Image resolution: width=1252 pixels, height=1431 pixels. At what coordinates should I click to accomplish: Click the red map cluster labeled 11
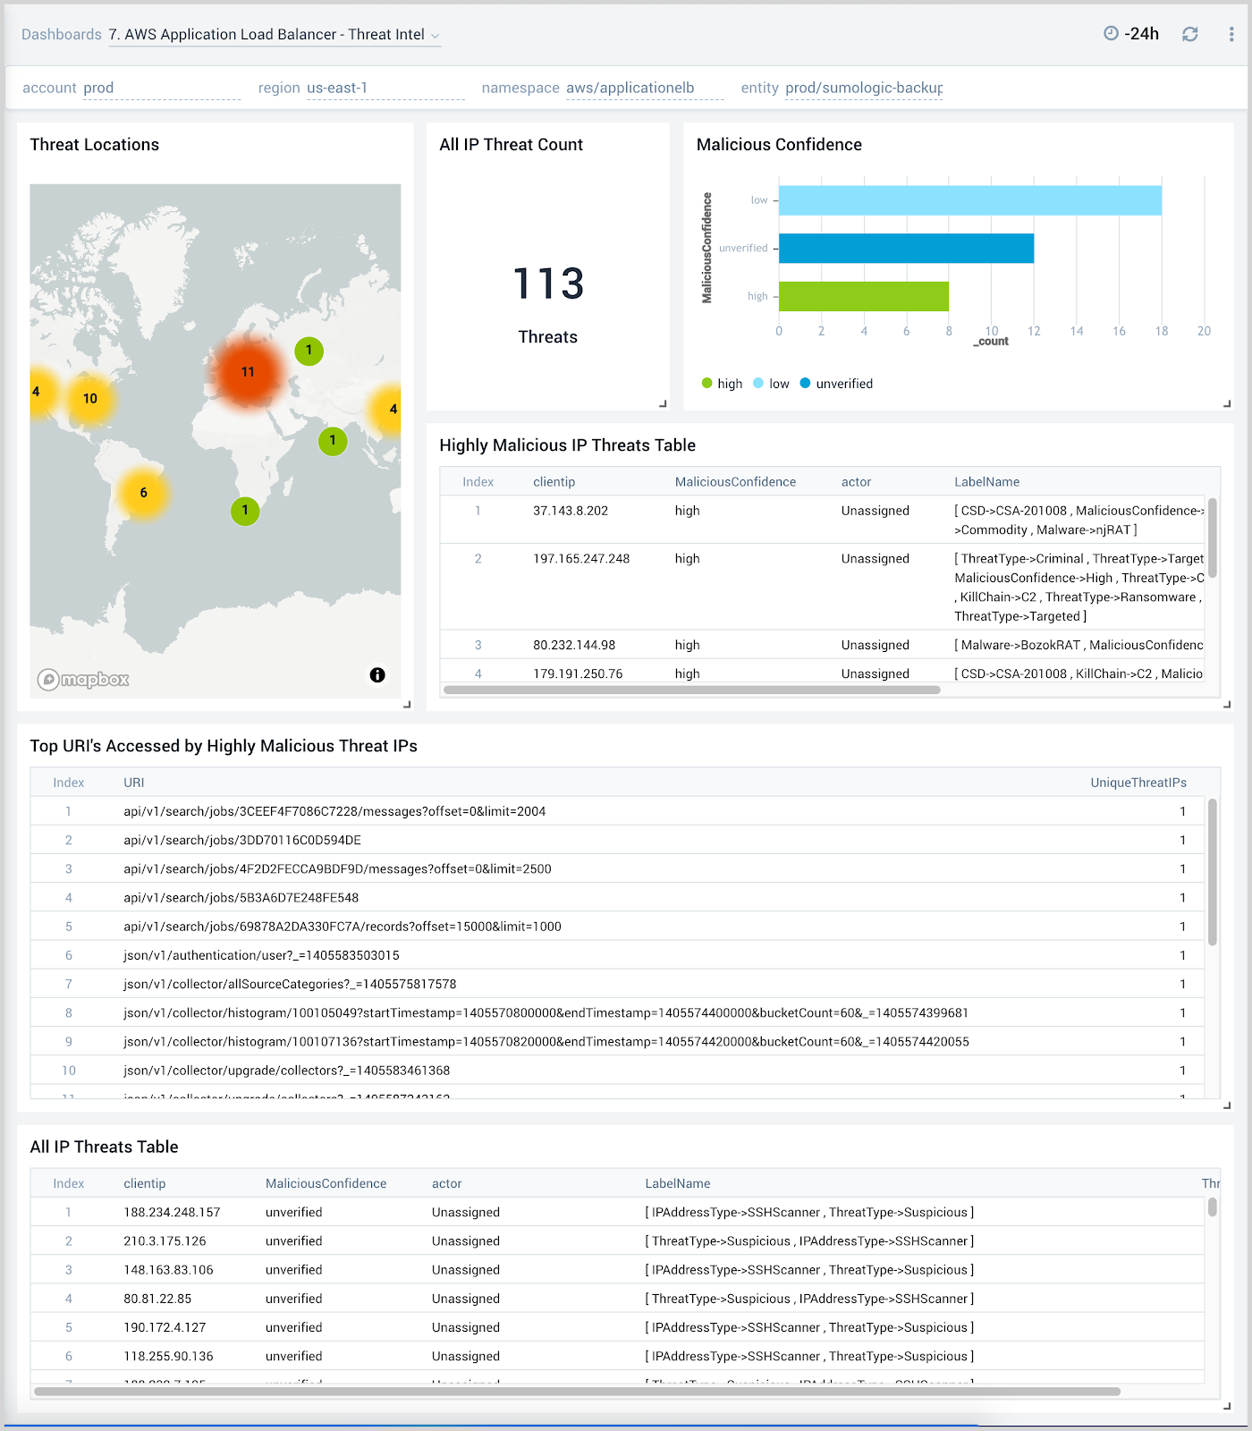tap(248, 372)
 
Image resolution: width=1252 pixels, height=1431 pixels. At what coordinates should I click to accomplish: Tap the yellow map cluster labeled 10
tap(90, 399)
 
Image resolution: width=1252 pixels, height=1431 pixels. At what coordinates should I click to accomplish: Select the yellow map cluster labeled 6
tap(143, 493)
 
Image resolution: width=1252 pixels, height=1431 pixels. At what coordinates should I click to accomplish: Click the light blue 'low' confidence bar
tap(969, 200)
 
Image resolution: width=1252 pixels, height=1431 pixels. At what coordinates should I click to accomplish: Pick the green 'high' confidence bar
tap(863, 296)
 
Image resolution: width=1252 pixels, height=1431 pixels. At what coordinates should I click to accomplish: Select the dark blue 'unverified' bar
tap(906, 249)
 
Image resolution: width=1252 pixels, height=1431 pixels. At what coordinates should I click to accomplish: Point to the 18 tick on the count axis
tap(1161, 331)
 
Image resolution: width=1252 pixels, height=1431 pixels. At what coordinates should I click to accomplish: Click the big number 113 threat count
tap(548, 284)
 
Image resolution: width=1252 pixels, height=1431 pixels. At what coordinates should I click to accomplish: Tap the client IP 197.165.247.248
tap(581, 559)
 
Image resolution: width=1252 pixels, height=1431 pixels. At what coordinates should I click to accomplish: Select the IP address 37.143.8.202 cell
tap(571, 511)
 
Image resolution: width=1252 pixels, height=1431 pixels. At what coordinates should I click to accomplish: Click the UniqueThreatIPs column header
tap(1138, 783)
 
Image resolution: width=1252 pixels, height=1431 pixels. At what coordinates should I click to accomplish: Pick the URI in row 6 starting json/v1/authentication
tap(261, 955)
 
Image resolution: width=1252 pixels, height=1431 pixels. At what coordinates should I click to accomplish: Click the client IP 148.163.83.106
tap(168, 1270)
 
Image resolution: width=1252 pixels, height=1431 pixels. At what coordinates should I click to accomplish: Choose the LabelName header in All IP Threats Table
tap(677, 1183)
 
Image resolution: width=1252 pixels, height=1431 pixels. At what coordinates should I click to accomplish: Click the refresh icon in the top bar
tap(1189, 34)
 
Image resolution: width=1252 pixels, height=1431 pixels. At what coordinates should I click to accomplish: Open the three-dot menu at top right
tap(1231, 34)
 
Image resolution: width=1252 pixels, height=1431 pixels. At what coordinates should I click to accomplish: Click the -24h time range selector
tap(1132, 34)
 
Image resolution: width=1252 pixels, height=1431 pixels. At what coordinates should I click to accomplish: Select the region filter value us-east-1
tap(337, 88)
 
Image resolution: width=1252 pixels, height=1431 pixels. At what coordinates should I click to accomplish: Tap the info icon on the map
tap(377, 675)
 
